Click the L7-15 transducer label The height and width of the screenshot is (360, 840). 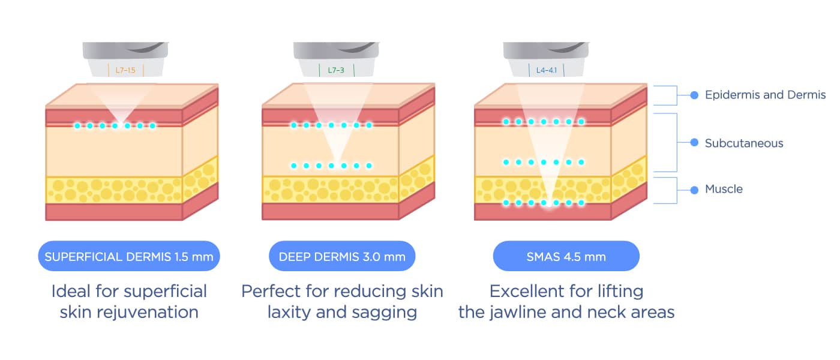coord(125,70)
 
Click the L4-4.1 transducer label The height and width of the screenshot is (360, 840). coord(547,70)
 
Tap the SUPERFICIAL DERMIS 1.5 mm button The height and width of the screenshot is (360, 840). coord(129,257)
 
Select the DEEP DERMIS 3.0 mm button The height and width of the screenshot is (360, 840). coord(342,257)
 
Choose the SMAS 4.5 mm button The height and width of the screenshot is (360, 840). coord(566,257)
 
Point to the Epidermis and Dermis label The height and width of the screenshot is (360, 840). coord(765,95)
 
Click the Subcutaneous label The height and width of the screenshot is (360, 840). coord(744,143)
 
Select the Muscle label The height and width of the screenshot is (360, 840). coord(724,189)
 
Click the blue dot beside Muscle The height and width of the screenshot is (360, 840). coord(694,190)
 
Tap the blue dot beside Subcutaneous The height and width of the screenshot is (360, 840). coord(694,143)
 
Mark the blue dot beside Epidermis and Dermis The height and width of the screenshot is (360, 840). coord(694,95)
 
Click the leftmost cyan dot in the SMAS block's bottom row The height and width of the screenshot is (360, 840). coord(506,203)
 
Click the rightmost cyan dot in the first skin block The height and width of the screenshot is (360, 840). coord(152,125)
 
